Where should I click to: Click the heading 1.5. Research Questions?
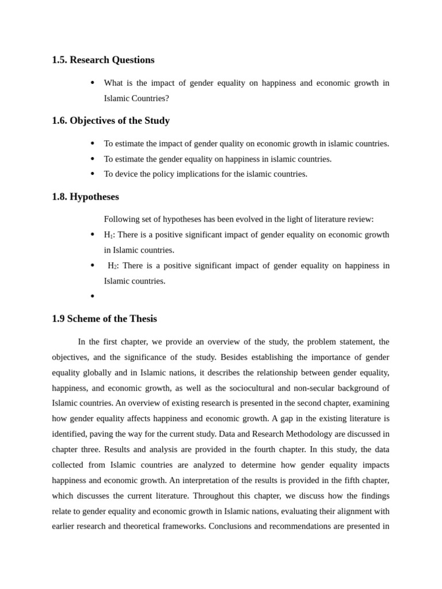pyautogui.click(x=103, y=60)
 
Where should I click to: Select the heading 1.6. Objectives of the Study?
pyautogui.click(x=110, y=121)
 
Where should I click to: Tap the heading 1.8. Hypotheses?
pyautogui.click(x=85, y=197)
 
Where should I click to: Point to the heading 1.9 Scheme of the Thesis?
pyautogui.click(x=104, y=319)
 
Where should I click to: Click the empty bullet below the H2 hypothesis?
pyautogui.click(x=92, y=297)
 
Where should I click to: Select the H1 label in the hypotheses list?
pyautogui.click(x=108, y=235)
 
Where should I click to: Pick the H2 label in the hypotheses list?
pyautogui.click(x=112, y=266)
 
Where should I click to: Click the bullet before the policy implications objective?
pyautogui.click(x=92, y=174)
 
